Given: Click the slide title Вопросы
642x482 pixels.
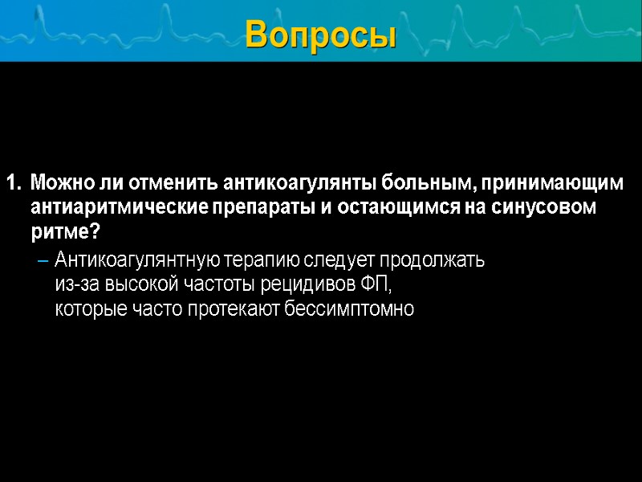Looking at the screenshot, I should pyautogui.click(x=321, y=34).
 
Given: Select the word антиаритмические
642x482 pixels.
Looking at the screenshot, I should pyautogui.click(x=118, y=208).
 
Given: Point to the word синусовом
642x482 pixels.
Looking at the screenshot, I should pyautogui.click(x=550, y=208).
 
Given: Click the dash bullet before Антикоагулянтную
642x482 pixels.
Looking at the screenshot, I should pyautogui.click(x=43, y=260).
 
